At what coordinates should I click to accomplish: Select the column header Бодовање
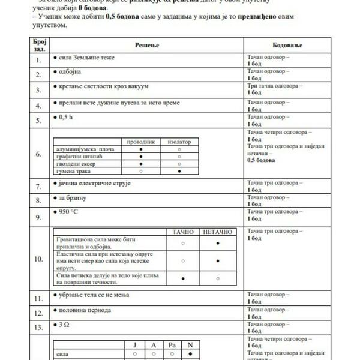[287, 45]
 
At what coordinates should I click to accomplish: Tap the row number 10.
[38, 259]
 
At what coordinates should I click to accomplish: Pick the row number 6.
[38, 154]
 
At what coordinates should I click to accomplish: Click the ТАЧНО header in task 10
[182, 232]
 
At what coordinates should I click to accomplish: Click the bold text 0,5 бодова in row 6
[261, 160]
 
